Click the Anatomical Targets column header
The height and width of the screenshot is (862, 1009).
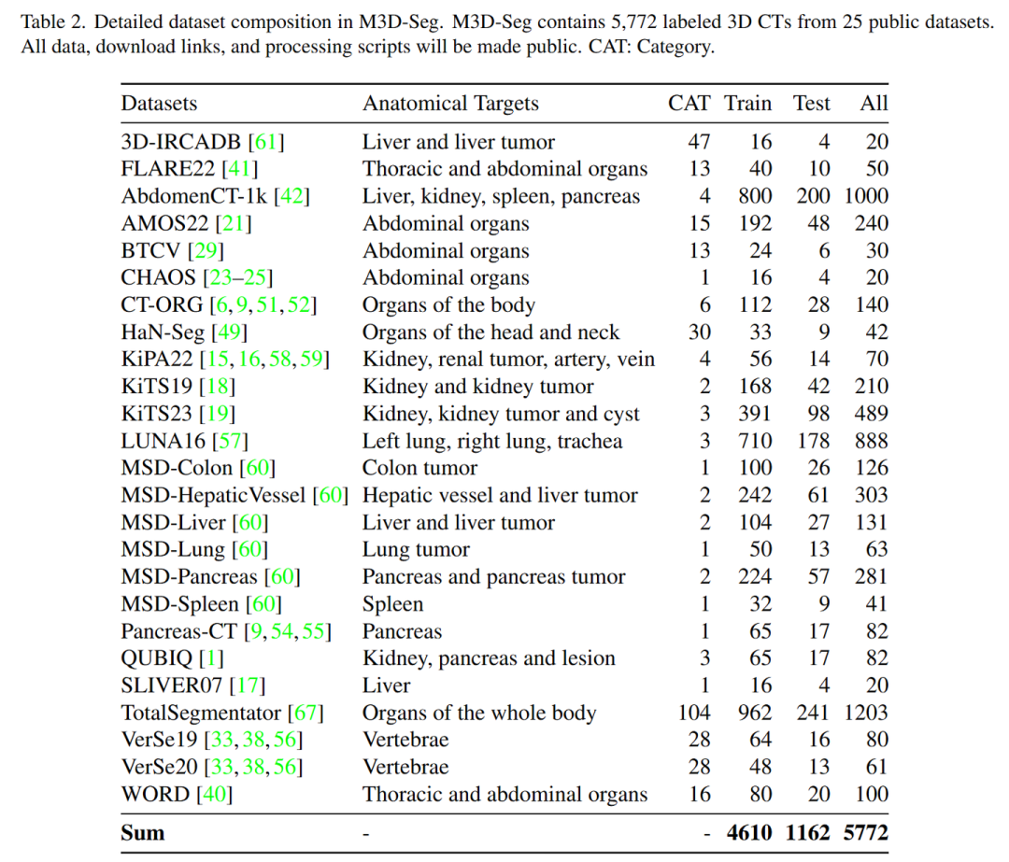tap(450, 104)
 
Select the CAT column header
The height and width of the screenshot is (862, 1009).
tap(689, 104)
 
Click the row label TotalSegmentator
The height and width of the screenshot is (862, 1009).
tap(201, 714)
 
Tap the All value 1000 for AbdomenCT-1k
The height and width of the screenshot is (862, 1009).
tap(863, 196)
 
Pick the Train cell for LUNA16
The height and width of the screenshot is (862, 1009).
tap(755, 441)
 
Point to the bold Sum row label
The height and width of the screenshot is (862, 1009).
tap(142, 832)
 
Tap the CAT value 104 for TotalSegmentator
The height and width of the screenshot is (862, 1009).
tap(693, 714)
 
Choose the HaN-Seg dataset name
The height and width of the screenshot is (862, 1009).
tap(163, 332)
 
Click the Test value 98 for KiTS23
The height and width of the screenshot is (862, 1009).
tap(817, 414)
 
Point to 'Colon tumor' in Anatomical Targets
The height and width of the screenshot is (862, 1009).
tap(419, 468)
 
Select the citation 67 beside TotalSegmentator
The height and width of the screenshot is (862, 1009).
tap(306, 714)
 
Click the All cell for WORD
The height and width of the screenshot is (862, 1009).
tap(870, 795)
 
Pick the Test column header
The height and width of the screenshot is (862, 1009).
tap(811, 104)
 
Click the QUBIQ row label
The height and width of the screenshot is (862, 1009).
tap(152, 658)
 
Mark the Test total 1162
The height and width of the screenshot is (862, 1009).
tap(809, 832)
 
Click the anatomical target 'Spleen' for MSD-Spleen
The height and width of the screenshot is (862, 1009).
tap(392, 604)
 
